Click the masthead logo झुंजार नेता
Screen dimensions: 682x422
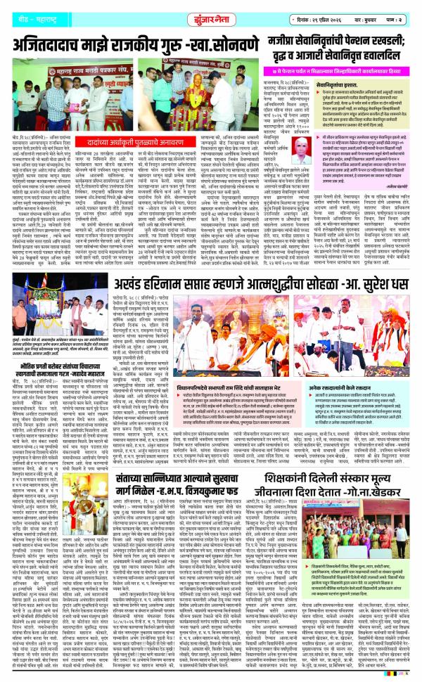pyautogui.click(x=211, y=12)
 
